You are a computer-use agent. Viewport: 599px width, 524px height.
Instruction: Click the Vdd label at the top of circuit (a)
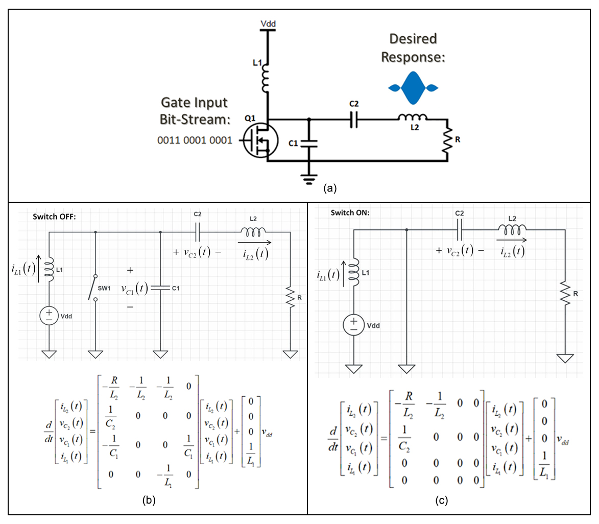click(268, 23)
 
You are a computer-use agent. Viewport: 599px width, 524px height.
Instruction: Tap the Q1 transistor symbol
click(260, 140)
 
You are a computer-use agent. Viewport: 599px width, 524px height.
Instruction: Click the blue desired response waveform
click(413, 88)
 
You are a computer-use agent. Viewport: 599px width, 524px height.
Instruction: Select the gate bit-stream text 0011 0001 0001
click(195, 140)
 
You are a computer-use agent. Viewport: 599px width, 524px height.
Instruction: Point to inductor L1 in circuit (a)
click(266, 78)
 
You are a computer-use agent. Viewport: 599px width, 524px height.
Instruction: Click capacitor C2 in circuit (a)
click(354, 120)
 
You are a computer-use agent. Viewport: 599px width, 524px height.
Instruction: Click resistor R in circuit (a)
click(447, 140)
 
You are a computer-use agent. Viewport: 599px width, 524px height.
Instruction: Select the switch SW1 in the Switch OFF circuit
click(93, 288)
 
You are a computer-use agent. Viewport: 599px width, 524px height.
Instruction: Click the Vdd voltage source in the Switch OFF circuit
click(49, 316)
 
